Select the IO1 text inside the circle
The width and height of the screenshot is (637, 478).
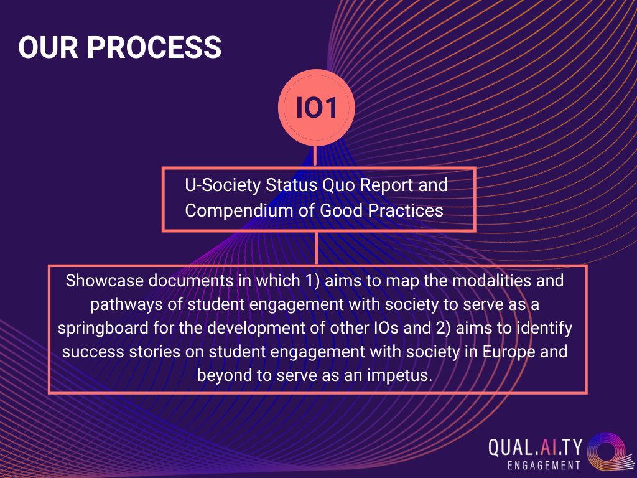click(x=316, y=107)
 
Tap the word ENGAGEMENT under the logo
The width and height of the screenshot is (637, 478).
click(x=544, y=465)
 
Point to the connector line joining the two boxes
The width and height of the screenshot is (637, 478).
click(x=317, y=248)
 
